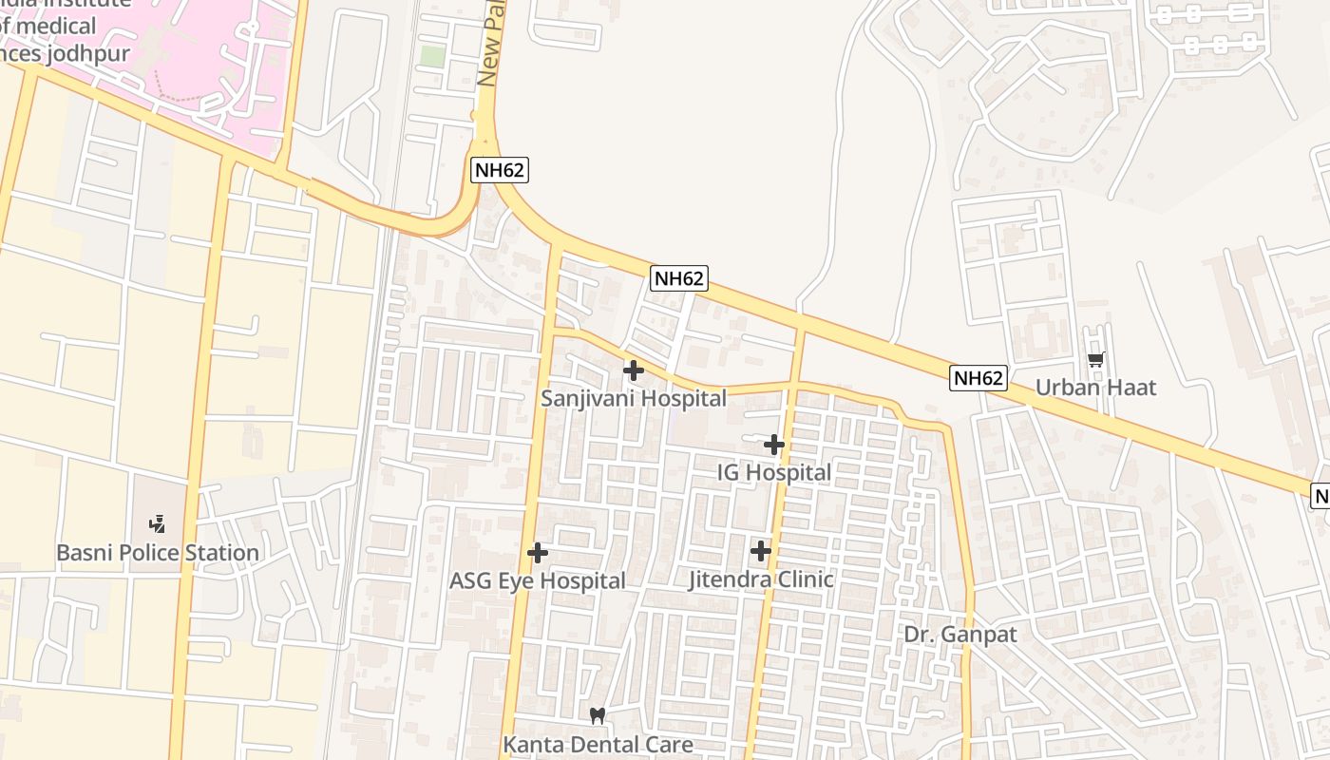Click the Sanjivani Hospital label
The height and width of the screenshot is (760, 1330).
point(634,398)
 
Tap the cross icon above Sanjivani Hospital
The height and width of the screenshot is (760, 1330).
point(634,370)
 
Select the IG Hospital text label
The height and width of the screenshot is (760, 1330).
point(774,472)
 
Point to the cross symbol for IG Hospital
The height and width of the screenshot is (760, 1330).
point(774,444)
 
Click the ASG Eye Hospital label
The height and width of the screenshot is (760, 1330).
point(538,580)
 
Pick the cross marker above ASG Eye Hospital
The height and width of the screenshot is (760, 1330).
point(538,552)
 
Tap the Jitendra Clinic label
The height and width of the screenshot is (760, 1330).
point(761,579)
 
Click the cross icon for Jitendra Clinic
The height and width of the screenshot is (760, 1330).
point(761,550)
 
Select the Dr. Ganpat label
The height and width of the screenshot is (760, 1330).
point(960,634)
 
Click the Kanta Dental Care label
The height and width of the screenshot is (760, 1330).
point(598,744)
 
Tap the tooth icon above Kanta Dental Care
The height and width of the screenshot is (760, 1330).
point(598,715)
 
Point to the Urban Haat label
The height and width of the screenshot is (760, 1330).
point(1095,387)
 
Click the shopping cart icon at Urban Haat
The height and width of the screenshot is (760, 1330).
point(1095,359)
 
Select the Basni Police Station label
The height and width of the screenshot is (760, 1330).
point(158,552)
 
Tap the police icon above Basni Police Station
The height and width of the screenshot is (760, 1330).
point(158,523)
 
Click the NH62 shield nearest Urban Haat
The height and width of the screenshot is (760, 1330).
point(978,378)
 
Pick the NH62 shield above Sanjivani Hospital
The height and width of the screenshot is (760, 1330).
point(679,278)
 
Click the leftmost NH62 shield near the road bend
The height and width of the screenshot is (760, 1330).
point(499,171)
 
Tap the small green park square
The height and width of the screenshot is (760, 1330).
point(432,56)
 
